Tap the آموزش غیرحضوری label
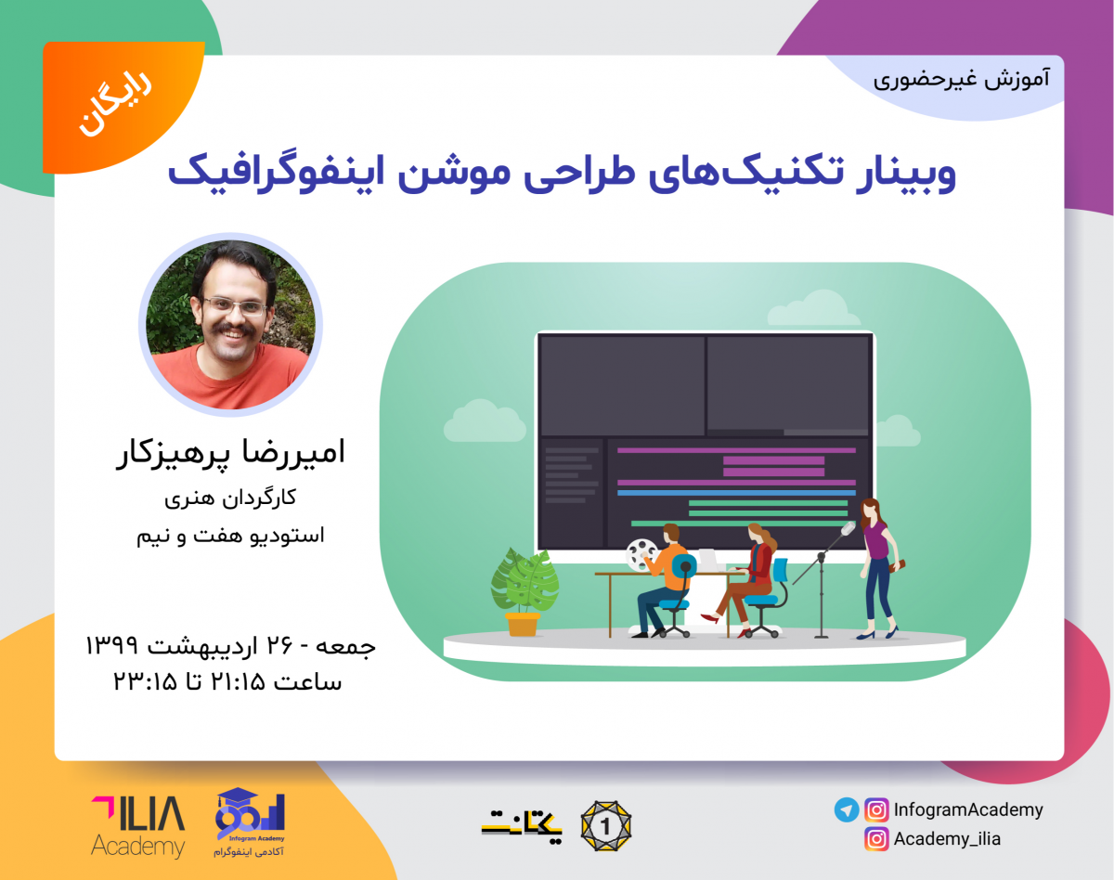961,79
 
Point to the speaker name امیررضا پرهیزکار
229,454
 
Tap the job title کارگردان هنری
229,498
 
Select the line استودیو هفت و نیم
229,536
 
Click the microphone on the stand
847,530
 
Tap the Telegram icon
846,809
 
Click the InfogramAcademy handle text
968,809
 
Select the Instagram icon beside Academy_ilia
875,839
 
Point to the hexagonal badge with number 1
605,823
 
